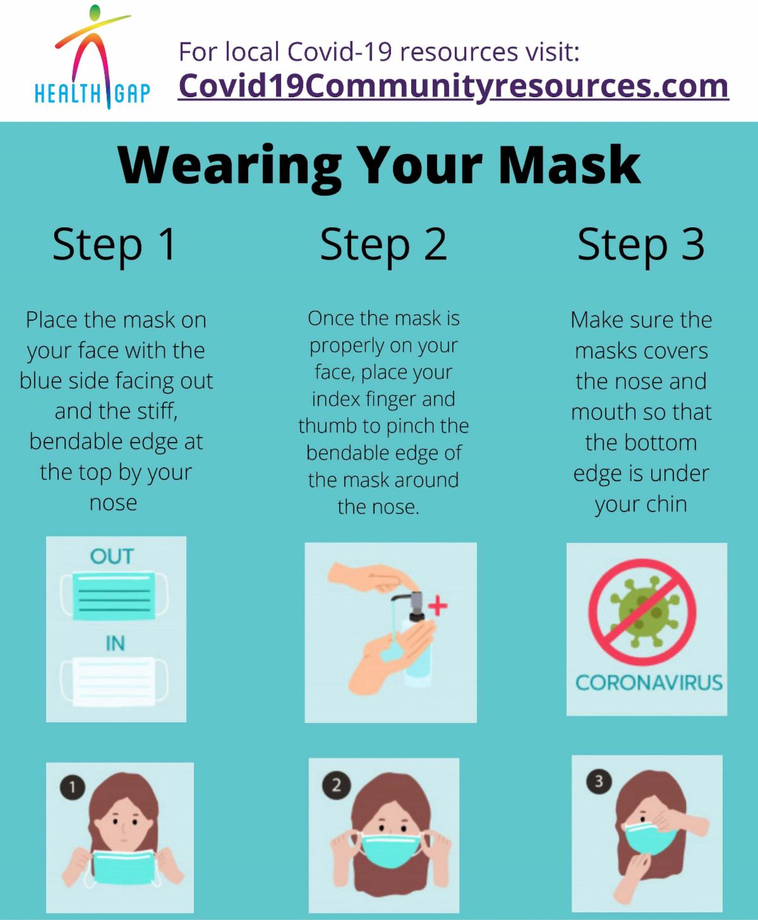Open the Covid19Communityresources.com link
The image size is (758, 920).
[x=453, y=87]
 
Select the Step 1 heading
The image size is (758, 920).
[x=114, y=245]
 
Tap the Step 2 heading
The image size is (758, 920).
[x=383, y=245]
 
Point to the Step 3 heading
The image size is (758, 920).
[x=641, y=245]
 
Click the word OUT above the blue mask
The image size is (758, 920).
[x=112, y=556]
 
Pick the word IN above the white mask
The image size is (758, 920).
[x=115, y=643]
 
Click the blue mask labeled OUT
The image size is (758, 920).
[x=114, y=595]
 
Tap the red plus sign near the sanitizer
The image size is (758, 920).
[x=438, y=606]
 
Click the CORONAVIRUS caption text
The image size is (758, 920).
[x=649, y=683]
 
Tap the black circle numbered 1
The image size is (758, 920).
[x=73, y=787]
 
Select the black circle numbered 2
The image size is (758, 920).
[x=336, y=785]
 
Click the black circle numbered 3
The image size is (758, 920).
[x=599, y=782]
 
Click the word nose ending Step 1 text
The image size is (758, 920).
[x=113, y=503]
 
